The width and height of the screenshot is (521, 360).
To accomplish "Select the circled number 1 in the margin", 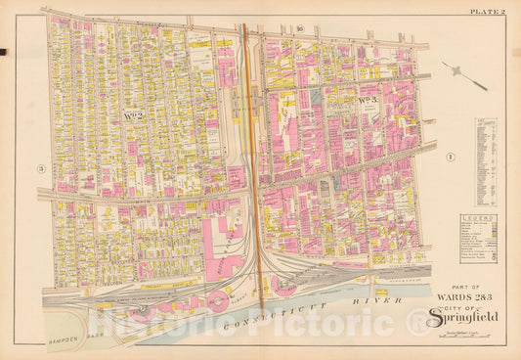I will [x=452, y=157].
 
